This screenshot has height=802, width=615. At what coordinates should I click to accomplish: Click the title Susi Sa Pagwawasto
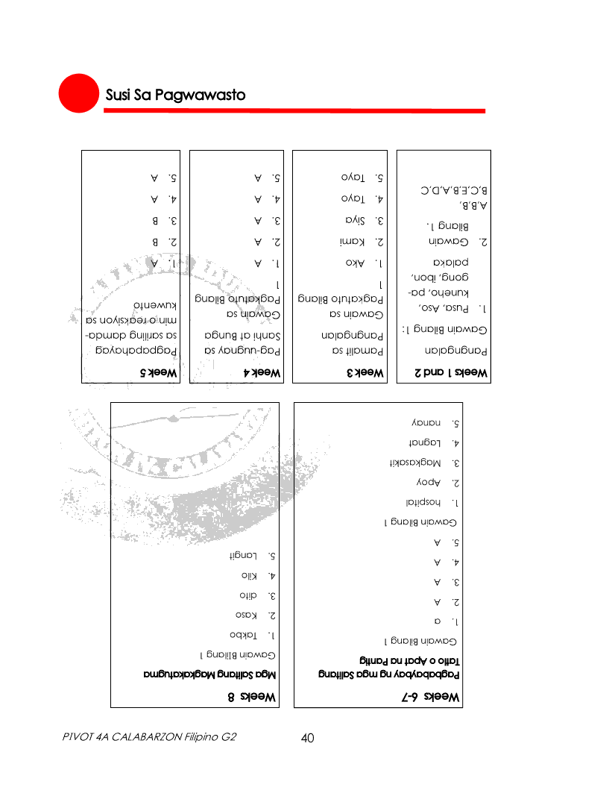pyautogui.click(x=175, y=95)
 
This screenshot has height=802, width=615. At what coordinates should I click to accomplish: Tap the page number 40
pyautogui.click(x=307, y=738)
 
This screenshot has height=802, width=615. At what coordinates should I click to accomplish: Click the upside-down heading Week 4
pyautogui.click(x=262, y=372)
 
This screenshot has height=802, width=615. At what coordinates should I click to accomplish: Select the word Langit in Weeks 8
pyautogui.click(x=242, y=556)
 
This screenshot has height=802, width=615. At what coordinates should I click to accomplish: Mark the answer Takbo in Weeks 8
pyautogui.click(x=244, y=635)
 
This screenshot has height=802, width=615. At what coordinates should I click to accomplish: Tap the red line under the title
pyautogui.click(x=294, y=111)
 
